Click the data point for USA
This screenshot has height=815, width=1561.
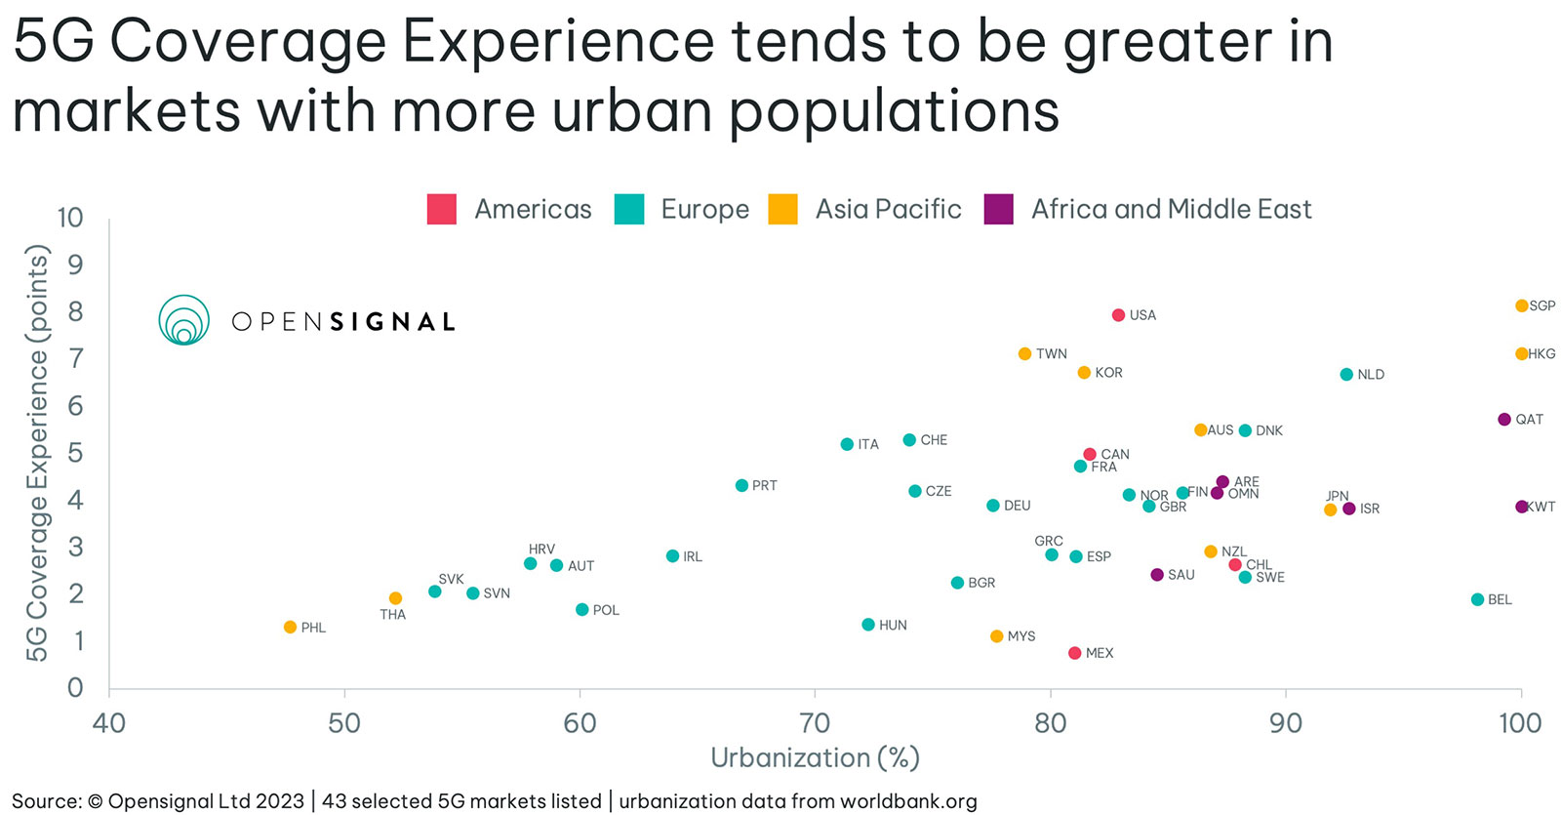coord(1118,315)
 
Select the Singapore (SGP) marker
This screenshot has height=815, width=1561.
coord(1521,306)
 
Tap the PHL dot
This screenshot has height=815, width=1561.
coord(290,627)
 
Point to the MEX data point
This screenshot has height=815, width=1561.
coord(1074,653)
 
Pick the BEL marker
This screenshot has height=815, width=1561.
coord(1477,599)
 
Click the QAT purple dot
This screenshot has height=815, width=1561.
coord(1503,420)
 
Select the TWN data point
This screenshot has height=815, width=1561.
coord(1024,353)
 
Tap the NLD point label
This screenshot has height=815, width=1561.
coord(1371,375)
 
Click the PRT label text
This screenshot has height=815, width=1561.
coord(765,485)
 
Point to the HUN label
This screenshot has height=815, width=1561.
coord(893,625)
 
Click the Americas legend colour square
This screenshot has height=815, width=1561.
coord(442,209)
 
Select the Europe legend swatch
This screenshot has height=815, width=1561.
coord(629,209)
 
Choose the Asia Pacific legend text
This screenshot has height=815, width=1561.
coord(888,209)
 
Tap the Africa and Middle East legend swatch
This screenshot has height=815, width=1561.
coord(999,209)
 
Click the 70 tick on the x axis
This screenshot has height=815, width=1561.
coord(815,723)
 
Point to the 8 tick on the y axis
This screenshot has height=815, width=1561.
coord(75,311)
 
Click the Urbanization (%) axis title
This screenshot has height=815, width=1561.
coord(815,757)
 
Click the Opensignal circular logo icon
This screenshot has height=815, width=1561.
coord(184,320)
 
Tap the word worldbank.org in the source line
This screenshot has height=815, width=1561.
coord(907,801)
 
